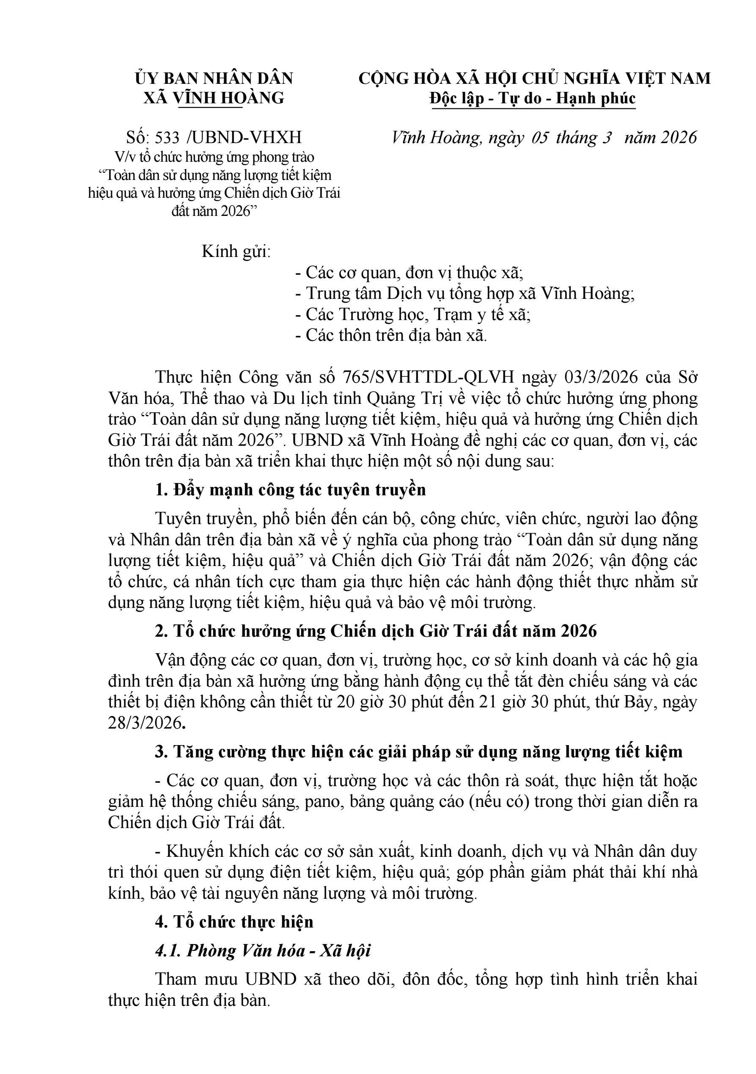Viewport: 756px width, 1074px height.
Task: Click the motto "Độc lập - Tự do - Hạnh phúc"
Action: (x=533, y=99)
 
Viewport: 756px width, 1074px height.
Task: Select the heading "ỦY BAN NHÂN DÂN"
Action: (x=214, y=78)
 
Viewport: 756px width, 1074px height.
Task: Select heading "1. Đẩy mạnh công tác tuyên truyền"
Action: (x=290, y=490)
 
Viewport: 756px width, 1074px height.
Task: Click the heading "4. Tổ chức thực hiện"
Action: (x=234, y=922)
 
